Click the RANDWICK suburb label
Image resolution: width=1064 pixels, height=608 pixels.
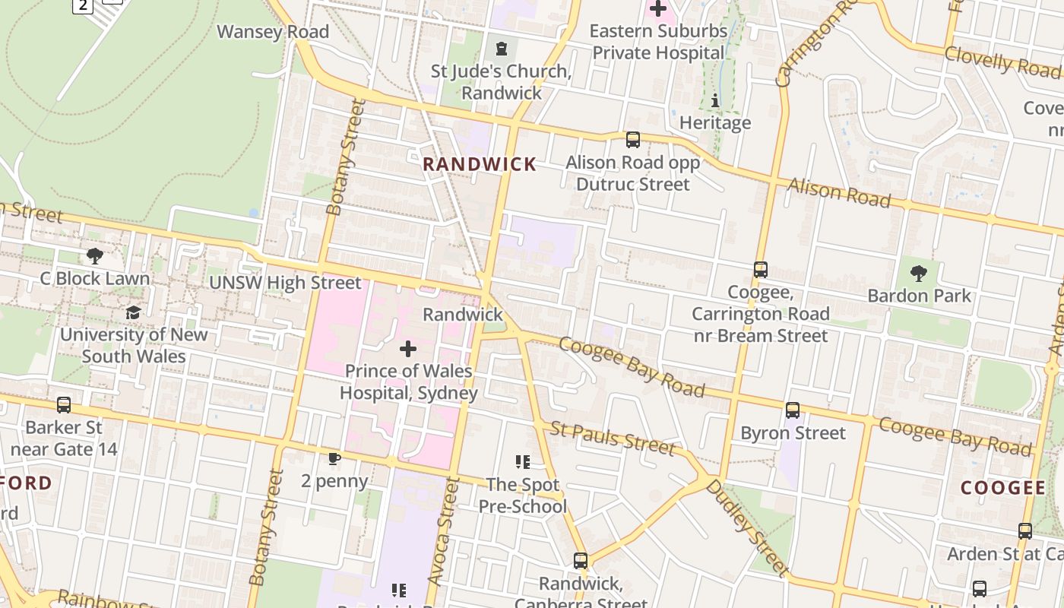pos(480,164)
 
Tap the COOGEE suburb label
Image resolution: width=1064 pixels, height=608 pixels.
pos(1003,488)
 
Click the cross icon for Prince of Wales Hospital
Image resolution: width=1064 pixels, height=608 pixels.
pos(408,349)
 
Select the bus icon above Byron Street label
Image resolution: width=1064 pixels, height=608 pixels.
pos(793,410)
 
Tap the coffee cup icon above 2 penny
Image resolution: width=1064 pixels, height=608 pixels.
pos(334,458)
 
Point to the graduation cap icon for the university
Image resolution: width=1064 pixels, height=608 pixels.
pos(133,313)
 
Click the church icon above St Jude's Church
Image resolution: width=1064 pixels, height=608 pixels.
pos(501,49)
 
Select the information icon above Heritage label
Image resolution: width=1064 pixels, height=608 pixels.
pos(714,100)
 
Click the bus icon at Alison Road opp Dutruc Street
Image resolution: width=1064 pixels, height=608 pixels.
pos(632,140)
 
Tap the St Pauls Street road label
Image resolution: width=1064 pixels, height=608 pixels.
pos(613,439)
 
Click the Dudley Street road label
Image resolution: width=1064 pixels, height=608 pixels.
pos(746,527)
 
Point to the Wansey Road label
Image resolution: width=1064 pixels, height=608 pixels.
pos(273,32)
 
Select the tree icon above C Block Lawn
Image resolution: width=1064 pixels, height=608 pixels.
pos(95,256)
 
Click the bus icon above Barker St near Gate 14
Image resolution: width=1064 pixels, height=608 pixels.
pos(64,405)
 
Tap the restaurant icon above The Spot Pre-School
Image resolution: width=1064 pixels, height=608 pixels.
pos(522,461)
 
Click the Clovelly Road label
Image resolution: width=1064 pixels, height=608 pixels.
pos(1001,61)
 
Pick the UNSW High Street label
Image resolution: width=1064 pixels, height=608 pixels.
pos(285,283)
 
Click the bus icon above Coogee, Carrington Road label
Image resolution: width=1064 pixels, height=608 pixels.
pos(760,270)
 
